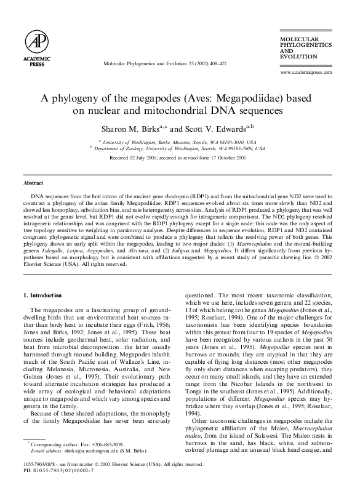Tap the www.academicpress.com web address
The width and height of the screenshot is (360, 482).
point(306,72)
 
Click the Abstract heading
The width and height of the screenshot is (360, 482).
point(33,183)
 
